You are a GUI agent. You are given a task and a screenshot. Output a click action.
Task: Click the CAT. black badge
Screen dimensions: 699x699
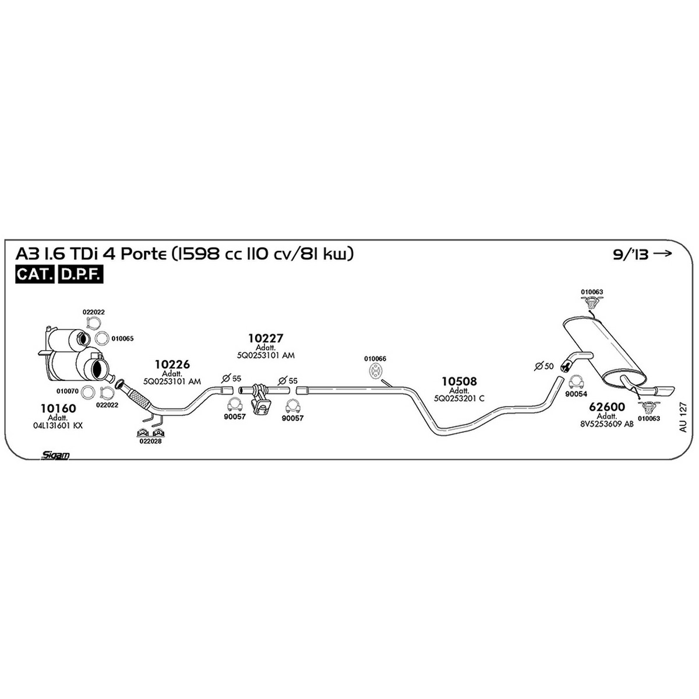pos(35,274)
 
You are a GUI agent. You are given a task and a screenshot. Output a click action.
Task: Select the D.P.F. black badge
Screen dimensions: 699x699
pos(80,274)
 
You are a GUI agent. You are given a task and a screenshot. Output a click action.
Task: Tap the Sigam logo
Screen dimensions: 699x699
pos(55,456)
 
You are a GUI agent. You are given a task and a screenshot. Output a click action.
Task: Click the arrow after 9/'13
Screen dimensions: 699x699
pos(662,253)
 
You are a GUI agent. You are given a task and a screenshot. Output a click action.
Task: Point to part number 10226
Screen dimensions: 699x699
pos(172,364)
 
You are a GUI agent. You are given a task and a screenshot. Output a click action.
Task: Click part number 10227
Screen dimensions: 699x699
pos(266,338)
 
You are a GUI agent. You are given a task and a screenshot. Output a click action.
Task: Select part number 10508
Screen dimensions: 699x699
pos(459,381)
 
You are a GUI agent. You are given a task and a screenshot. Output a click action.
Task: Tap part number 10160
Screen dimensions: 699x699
pos(58,408)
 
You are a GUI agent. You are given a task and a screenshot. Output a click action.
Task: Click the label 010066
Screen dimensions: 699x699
pos(375,359)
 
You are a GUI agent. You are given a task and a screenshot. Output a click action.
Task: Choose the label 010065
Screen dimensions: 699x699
pos(122,338)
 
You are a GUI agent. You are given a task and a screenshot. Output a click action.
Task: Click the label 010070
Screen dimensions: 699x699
pos(68,391)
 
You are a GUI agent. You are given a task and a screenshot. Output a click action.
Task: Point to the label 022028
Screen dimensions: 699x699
pos(150,442)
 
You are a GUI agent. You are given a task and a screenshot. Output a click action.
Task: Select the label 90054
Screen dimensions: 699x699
pos(576,394)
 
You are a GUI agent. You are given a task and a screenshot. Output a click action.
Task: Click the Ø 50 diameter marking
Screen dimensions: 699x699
pos(544,366)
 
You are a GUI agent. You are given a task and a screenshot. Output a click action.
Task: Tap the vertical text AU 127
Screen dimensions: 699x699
pos(683,417)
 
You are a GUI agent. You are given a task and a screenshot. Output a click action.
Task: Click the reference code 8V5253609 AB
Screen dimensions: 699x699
pos(607,423)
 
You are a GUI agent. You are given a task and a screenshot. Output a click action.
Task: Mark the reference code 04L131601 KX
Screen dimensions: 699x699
pos(58,425)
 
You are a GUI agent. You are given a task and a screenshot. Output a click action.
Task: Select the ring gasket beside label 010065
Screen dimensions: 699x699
pos(102,338)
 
